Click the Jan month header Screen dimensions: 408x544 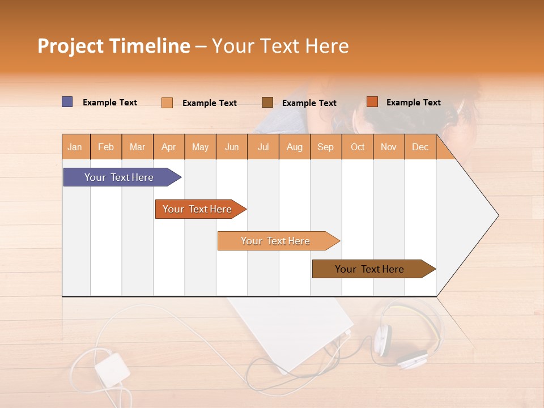75,147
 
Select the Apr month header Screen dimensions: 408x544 168,147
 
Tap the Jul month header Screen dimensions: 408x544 263,147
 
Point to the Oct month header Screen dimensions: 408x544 357,147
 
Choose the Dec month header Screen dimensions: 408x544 420,147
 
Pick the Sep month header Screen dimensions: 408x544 325,147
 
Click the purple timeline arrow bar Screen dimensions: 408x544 120,177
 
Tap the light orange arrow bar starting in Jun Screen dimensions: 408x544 276,241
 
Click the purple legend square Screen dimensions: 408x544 67,102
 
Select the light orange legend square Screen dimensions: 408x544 167,103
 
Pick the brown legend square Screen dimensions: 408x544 267,102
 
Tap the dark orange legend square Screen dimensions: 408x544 372,102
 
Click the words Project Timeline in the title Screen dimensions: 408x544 113,46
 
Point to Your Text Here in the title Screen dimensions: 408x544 280,46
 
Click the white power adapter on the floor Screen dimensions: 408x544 112,367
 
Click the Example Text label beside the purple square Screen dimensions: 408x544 110,103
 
